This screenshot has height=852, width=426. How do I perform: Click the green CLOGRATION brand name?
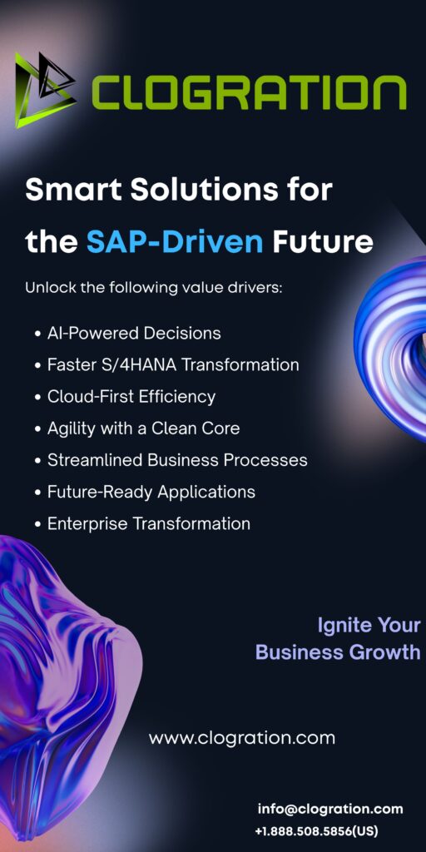248,92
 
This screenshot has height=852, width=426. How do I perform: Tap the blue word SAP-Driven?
175,242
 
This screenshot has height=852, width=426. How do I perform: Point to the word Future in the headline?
323,242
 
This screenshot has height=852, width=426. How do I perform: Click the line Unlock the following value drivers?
154,287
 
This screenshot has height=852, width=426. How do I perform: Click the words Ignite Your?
369,626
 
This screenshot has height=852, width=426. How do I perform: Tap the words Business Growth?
338,652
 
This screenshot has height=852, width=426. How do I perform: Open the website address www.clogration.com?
242,738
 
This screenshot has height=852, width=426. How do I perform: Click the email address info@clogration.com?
330,809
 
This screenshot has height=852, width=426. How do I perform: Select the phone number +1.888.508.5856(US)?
316,831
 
